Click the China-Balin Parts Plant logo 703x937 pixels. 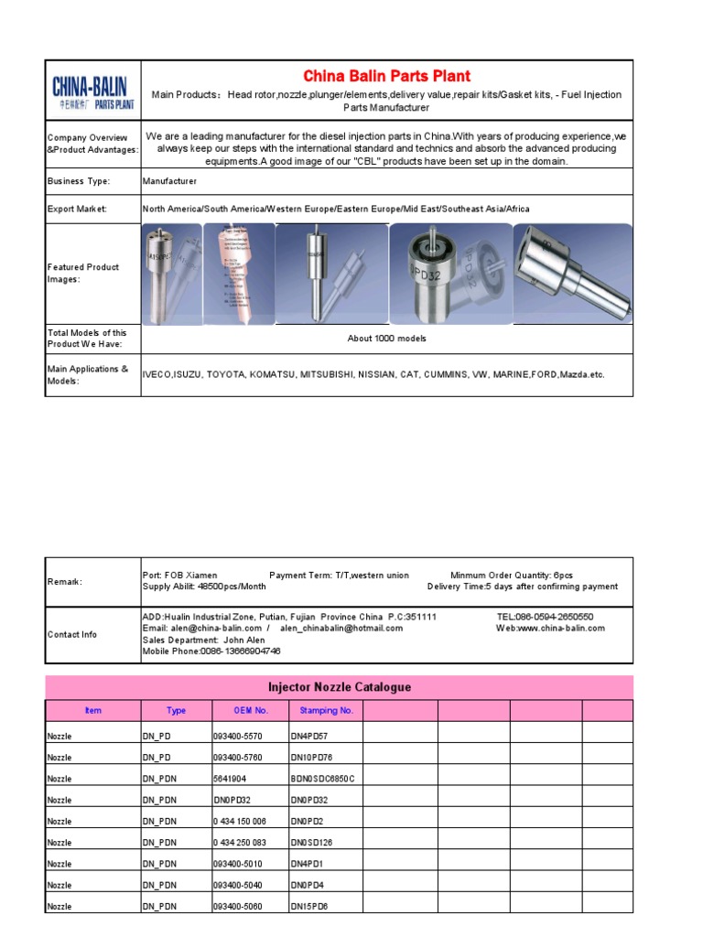92,91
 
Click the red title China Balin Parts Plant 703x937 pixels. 386,76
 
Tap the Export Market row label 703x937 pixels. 77,210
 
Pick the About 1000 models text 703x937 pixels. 386,339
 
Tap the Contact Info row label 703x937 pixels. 72,634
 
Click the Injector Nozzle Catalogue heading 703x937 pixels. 339,687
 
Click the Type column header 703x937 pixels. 176,710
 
